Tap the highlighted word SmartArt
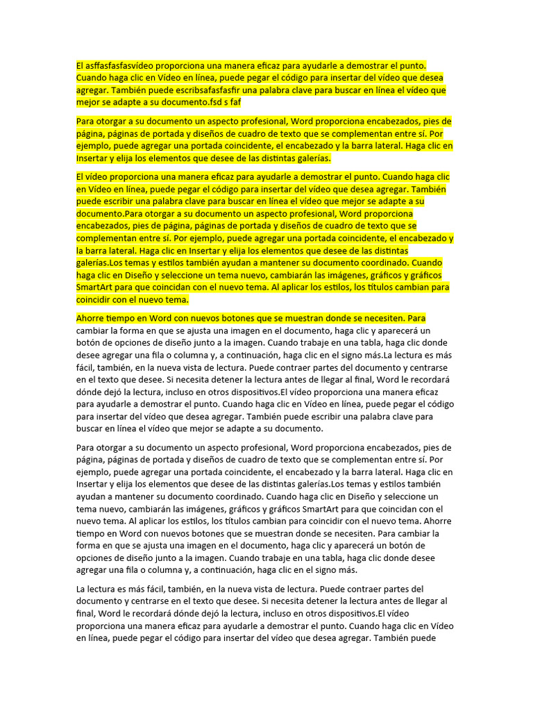[x=96, y=287]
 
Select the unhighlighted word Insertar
[x=94, y=485]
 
